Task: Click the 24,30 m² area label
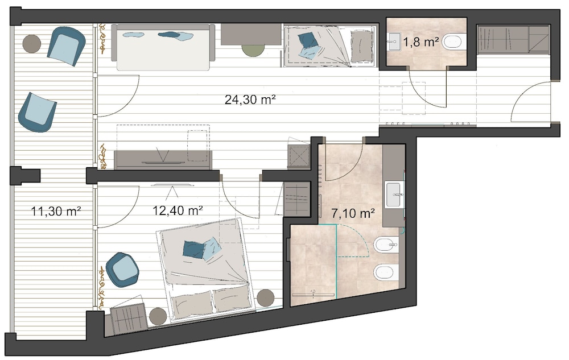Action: [250, 100]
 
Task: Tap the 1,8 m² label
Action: [421, 42]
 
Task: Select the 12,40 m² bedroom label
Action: [178, 210]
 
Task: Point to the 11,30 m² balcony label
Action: [56, 211]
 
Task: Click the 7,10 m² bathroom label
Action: [353, 213]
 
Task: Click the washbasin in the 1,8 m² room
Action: [394, 42]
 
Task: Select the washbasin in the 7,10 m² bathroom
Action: [395, 195]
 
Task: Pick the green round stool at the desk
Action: [253, 49]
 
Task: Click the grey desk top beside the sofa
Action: [251, 35]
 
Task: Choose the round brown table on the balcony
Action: [31, 43]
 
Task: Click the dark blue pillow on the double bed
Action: [193, 249]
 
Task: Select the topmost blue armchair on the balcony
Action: [66, 46]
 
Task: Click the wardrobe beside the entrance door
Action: [513, 39]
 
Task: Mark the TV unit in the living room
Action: [163, 160]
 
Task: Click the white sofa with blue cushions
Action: [163, 47]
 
